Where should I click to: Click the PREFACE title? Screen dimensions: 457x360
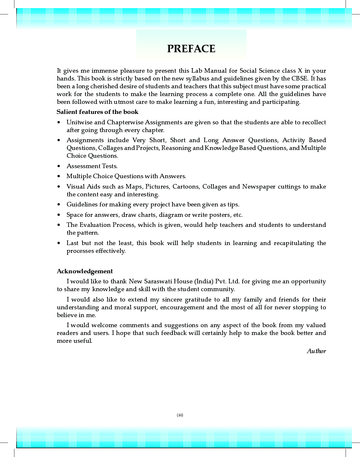191,49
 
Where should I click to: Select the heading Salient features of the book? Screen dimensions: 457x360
97,112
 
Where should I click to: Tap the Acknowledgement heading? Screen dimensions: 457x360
85,271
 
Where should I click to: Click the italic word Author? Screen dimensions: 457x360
316,351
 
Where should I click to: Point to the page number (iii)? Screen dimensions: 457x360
180,415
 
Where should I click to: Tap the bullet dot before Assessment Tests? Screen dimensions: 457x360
59,166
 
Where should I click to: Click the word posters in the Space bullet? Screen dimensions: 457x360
220,215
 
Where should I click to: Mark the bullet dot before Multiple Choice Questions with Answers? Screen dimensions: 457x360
59,176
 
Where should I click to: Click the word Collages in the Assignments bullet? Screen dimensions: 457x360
110,148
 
